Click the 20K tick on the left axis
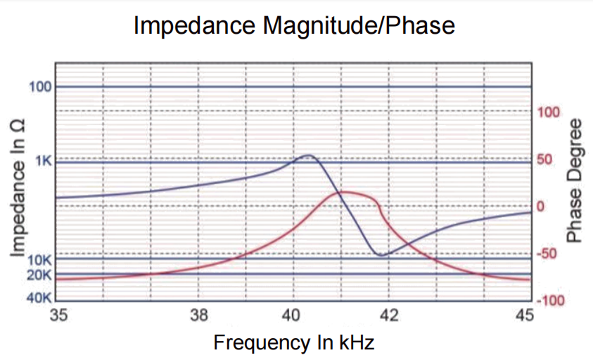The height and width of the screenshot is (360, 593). click(39, 274)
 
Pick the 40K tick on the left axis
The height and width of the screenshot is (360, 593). click(39, 297)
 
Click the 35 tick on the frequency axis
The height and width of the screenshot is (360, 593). click(58, 316)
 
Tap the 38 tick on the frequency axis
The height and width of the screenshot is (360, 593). click(199, 316)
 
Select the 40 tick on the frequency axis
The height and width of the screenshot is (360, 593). click(293, 316)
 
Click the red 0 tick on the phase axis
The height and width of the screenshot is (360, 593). click(541, 207)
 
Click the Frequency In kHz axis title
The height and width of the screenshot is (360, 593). click(293, 343)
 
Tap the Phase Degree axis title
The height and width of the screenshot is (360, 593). click(576, 181)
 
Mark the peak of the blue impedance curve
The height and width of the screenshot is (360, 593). click(307, 155)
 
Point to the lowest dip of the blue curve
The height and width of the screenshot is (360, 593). click(381, 255)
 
